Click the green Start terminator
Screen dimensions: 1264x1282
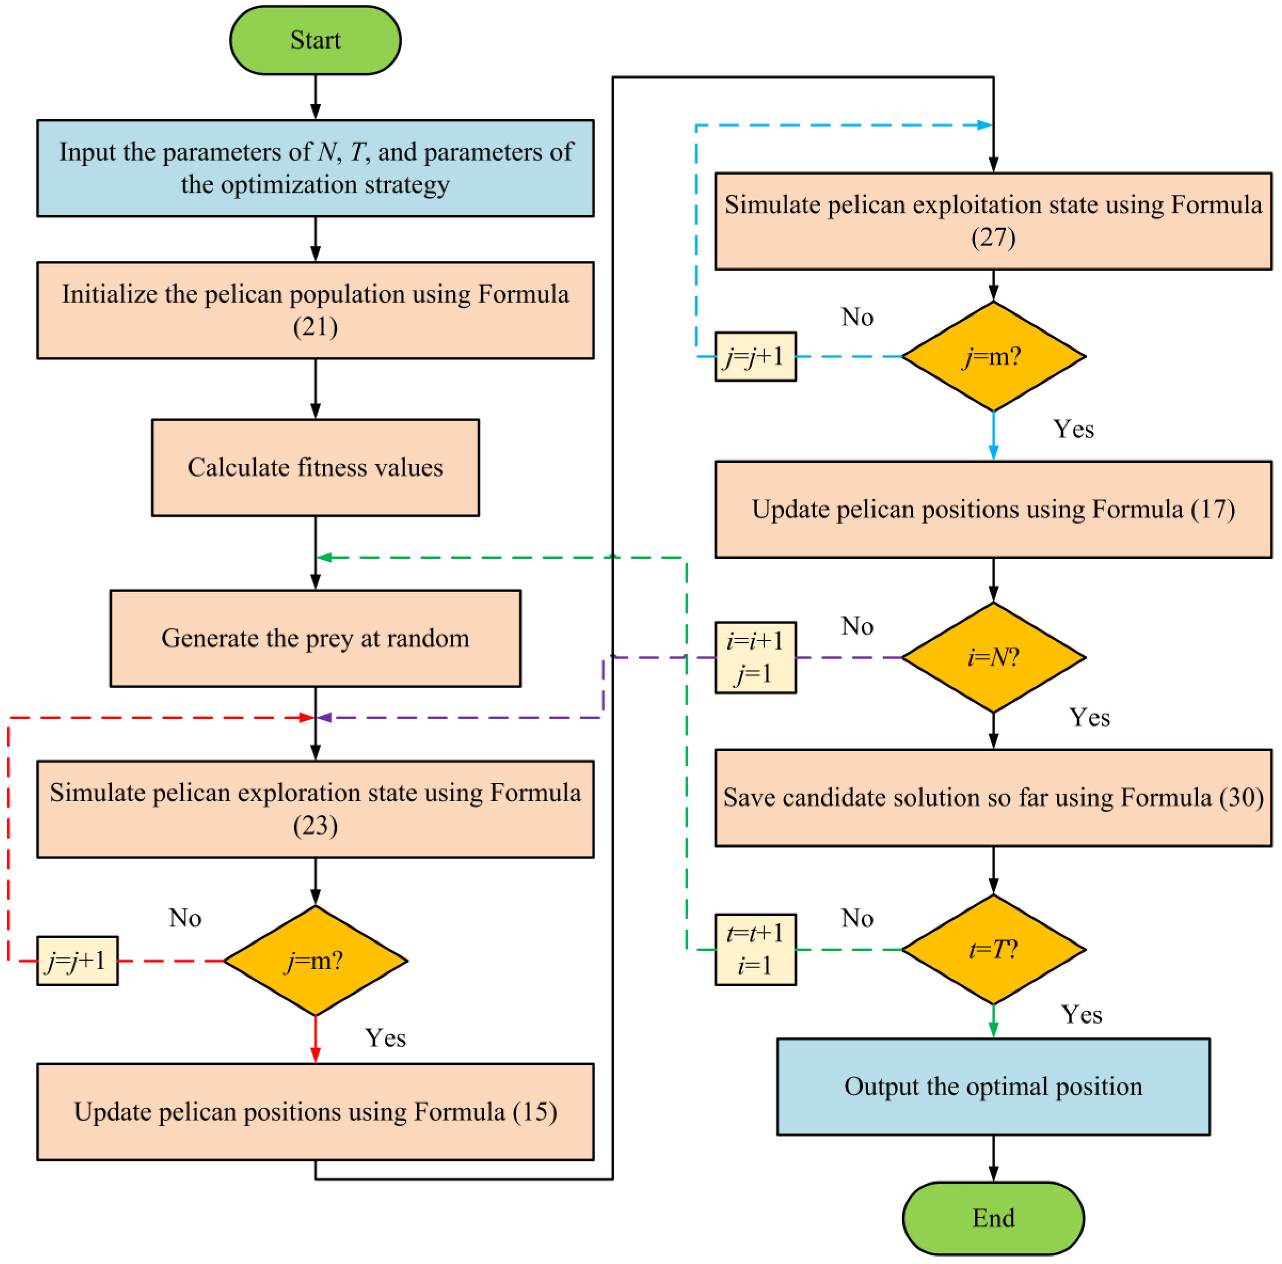tap(315, 41)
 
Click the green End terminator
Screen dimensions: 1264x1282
tap(993, 1218)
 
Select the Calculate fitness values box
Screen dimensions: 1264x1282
tap(315, 467)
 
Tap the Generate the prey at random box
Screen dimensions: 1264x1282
tap(315, 638)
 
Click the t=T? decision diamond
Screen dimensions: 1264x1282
tap(993, 949)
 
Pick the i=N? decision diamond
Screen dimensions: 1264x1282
tap(993, 657)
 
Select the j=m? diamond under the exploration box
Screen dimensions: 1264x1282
tap(315, 961)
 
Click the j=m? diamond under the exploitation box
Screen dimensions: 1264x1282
tap(993, 356)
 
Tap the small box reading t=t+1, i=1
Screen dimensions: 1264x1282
tap(755, 949)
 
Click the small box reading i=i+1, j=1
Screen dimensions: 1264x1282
tap(755, 657)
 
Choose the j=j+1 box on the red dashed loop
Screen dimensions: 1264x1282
tap(77, 961)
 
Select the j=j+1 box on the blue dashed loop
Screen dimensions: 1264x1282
tap(755, 356)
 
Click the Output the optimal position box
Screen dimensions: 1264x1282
tap(993, 1087)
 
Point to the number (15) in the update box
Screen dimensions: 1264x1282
tap(535, 1112)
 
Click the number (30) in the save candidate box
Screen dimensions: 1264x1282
tap(1241, 797)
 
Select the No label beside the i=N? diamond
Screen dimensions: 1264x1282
tap(857, 626)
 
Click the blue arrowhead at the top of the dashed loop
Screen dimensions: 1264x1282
tap(985, 125)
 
